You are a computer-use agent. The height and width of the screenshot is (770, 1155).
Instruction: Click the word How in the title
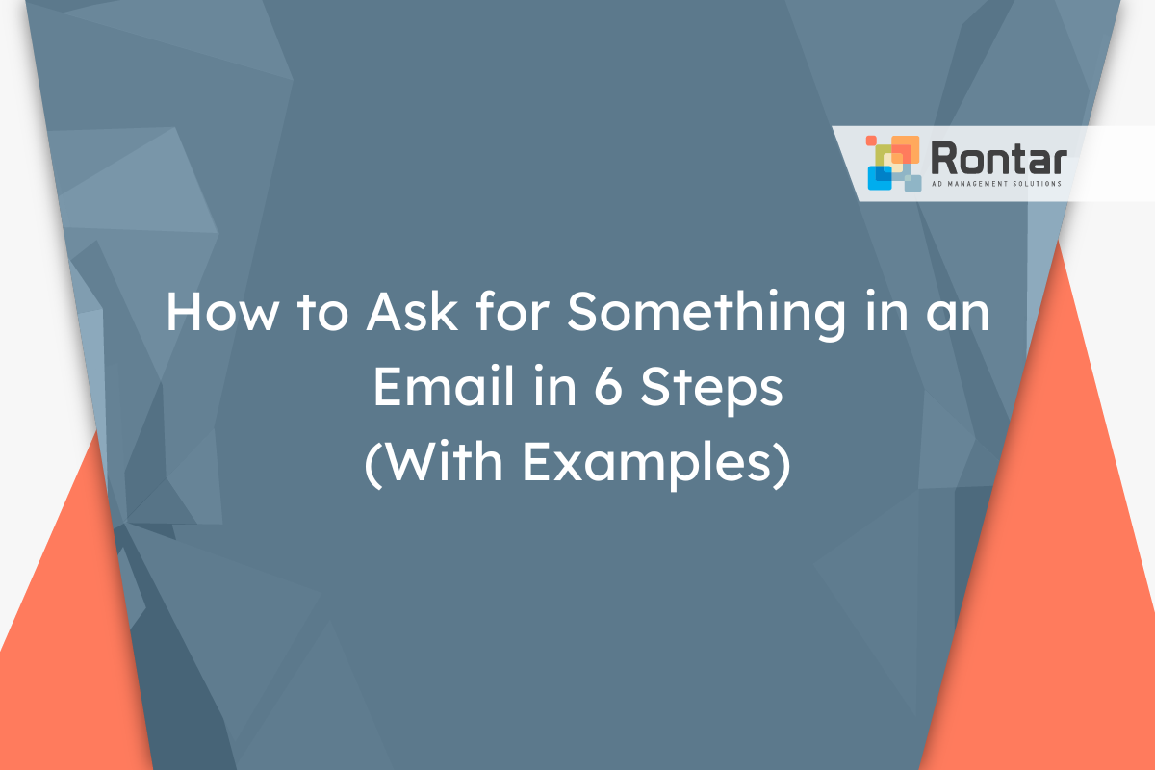point(222,312)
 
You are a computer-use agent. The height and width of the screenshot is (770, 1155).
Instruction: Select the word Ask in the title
point(412,312)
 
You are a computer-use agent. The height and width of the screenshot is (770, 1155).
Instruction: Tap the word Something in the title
point(706,316)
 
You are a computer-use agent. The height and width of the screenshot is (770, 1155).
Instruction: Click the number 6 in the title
point(608,386)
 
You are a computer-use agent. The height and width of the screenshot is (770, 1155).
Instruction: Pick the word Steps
point(711,390)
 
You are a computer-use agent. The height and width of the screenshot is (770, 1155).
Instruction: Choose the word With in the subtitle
point(444,461)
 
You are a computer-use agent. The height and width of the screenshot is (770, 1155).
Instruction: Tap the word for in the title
point(512,311)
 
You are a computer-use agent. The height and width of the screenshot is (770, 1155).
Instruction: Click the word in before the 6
point(554,387)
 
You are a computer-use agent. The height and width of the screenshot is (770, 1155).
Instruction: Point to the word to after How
point(322,314)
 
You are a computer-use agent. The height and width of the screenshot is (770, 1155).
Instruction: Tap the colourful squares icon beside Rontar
point(894,164)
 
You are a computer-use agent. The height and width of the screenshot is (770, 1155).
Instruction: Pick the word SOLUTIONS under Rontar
point(1038,184)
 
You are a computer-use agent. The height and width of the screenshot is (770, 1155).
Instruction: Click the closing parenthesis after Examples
point(783,465)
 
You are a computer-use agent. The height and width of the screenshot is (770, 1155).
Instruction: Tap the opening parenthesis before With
point(372,465)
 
